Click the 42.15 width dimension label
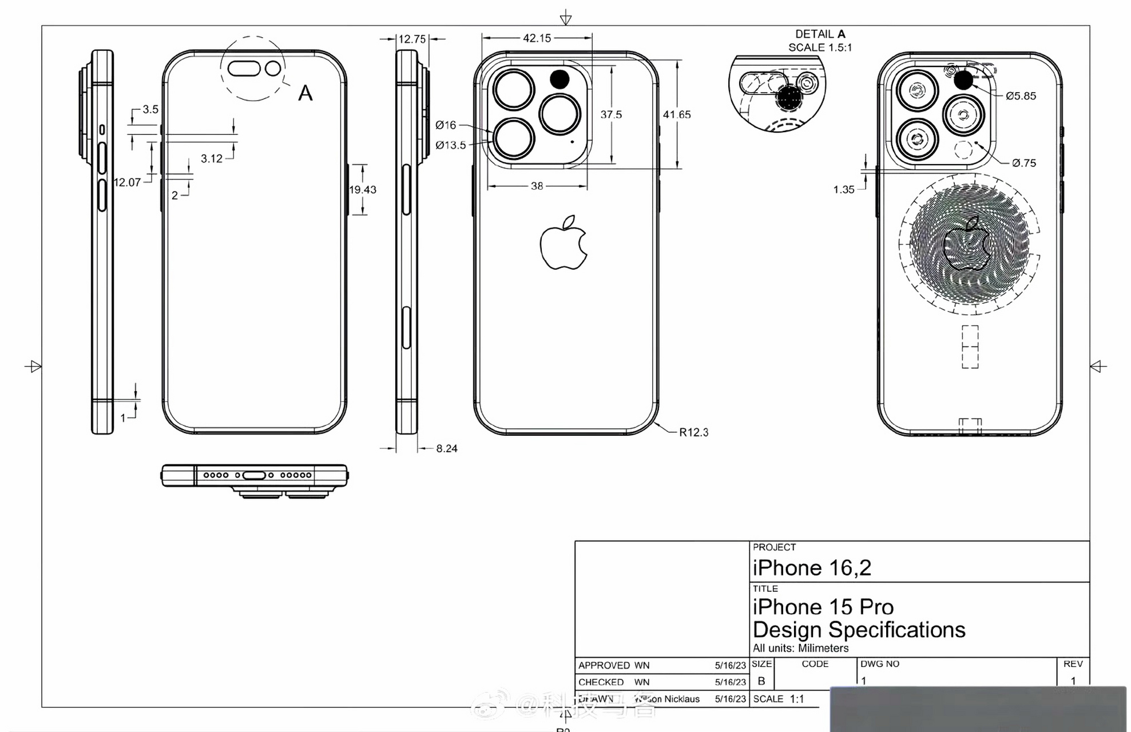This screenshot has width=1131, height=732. coord(537,38)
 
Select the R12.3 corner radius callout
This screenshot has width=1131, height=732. coord(693,432)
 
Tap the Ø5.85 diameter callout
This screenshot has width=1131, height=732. coord(1021,96)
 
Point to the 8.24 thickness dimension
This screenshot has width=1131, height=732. coord(447,449)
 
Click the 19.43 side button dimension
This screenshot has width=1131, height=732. coord(363,190)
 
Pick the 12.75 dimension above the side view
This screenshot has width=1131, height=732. coord(412,39)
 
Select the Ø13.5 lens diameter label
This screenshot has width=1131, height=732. coord(451,145)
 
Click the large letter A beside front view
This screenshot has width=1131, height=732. coord(305,93)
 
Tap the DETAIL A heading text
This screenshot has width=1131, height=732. coord(820,34)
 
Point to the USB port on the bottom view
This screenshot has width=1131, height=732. coord(254,475)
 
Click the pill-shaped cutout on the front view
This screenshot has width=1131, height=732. coord(244,69)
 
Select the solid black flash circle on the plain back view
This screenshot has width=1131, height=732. coord(559,79)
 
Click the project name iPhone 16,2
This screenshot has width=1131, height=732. coord(812,568)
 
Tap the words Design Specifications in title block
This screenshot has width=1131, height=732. coord(859,630)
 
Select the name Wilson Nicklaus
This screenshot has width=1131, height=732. coord(667,699)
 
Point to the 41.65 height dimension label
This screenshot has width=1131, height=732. coord(677,115)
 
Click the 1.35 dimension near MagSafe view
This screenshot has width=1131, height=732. coord(844,190)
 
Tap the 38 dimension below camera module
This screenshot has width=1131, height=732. coord(537,186)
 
